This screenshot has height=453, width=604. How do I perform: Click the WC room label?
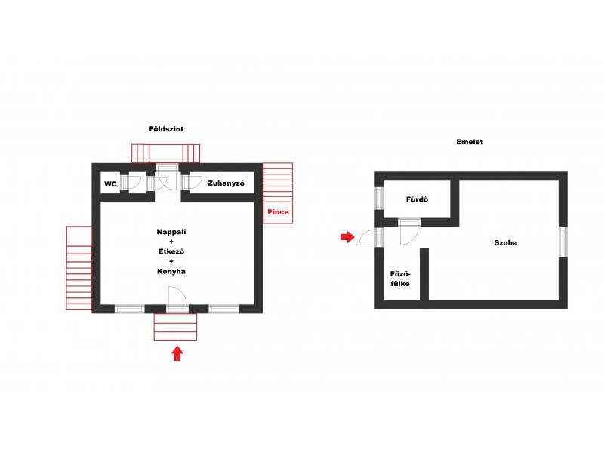(x=110, y=183)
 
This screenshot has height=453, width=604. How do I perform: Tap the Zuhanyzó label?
(x=226, y=183)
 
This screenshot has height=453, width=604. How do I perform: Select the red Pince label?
(x=278, y=212)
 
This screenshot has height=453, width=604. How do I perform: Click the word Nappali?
(x=171, y=232)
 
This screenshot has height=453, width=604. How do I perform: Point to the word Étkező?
(x=171, y=251)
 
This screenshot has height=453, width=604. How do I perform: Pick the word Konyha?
(x=171, y=271)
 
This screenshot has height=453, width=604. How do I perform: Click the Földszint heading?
(x=166, y=129)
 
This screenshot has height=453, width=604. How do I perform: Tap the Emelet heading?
(x=470, y=142)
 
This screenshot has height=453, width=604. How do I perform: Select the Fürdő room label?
(x=417, y=199)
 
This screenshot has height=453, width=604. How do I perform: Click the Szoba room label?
(x=505, y=242)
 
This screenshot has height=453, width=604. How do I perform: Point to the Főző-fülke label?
(x=400, y=279)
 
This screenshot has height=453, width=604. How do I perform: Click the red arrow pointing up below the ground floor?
(x=177, y=353)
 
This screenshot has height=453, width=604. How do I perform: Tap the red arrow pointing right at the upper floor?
(x=347, y=237)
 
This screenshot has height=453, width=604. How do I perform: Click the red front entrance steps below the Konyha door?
(x=175, y=327)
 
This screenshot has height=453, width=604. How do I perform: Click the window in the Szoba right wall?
(x=562, y=242)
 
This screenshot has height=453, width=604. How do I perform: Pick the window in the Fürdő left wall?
(x=380, y=198)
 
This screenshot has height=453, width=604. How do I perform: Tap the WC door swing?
(x=135, y=182)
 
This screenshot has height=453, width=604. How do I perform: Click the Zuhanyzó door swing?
(x=196, y=182)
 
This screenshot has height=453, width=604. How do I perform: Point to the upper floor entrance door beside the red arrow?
(x=367, y=237)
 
